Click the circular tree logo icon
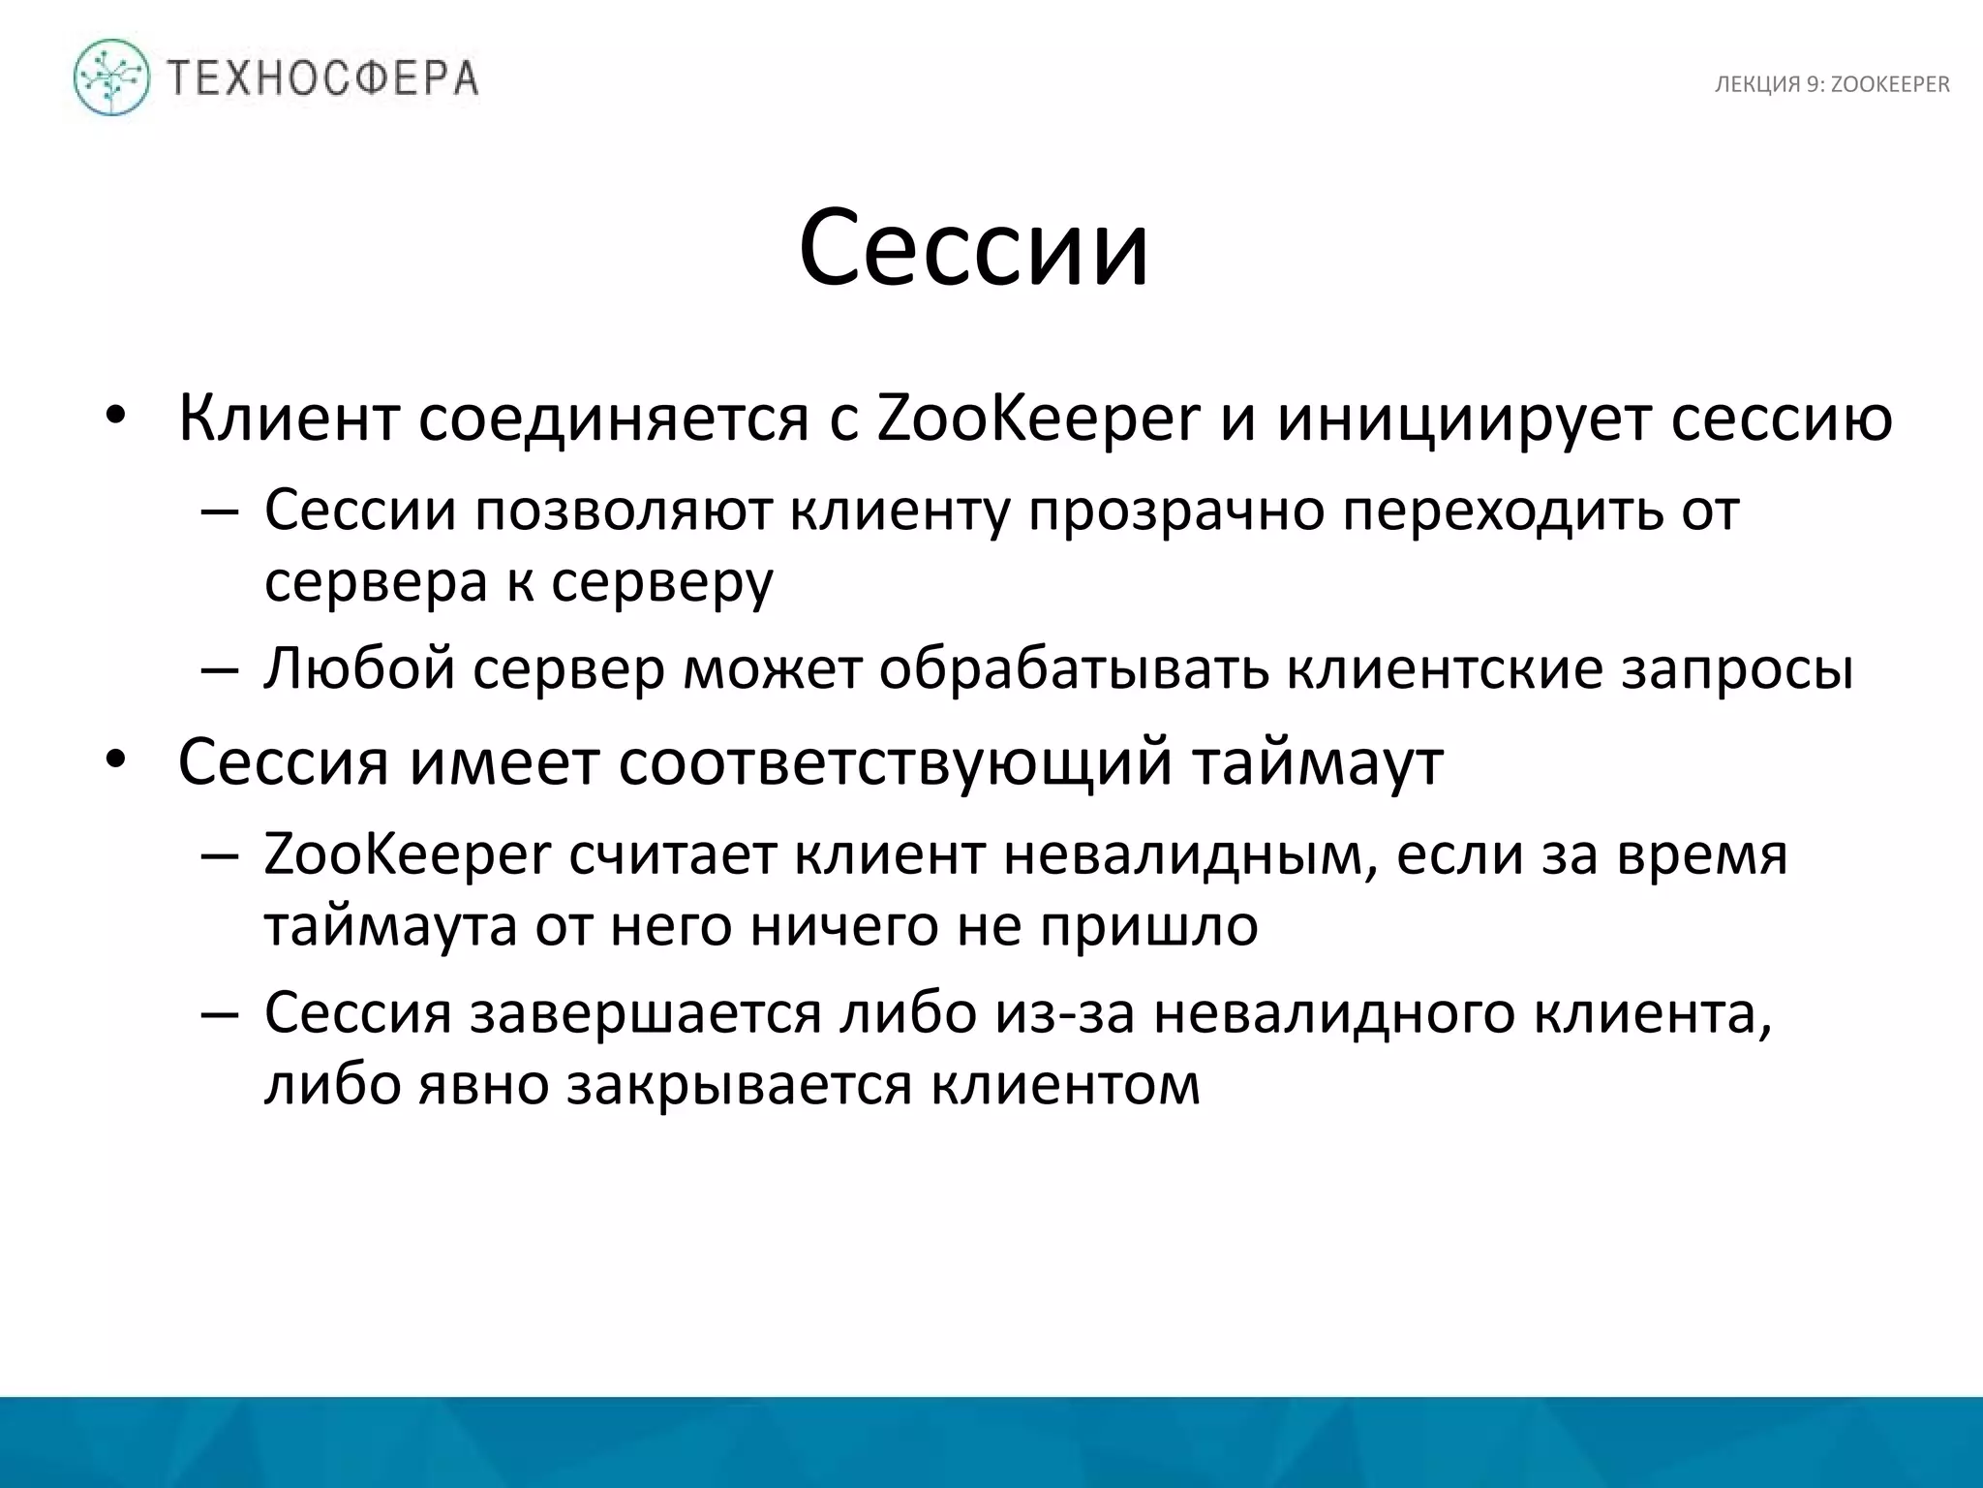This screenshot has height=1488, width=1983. pyautogui.click(x=112, y=77)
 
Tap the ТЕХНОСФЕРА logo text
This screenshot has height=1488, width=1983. pyautogui.click(x=323, y=77)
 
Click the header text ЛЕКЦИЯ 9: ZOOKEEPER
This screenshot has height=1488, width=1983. pyautogui.click(x=1832, y=85)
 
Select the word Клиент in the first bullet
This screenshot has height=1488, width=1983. pyautogui.click(x=289, y=418)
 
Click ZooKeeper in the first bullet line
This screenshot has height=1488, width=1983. pyautogui.click(x=1038, y=418)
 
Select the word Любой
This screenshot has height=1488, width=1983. pyautogui.click(x=359, y=668)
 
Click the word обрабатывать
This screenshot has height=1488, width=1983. pyautogui.click(x=1074, y=668)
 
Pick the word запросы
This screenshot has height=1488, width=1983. pyautogui.click(x=1737, y=668)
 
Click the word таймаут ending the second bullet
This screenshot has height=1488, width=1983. pyautogui.click(x=1317, y=762)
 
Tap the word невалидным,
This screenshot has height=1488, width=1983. pyautogui.click(x=1191, y=855)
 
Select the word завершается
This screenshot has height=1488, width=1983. pyautogui.click(x=646, y=1013)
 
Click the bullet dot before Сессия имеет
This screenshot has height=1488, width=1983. pyautogui.click(x=117, y=760)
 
